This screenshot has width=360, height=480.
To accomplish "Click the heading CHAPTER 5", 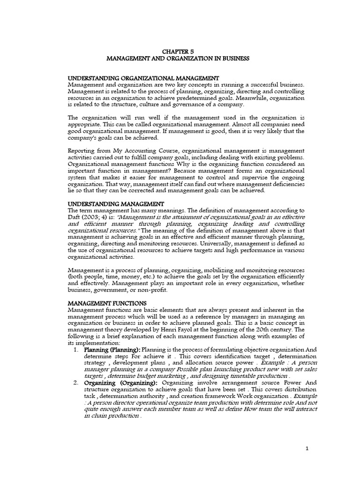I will click(180, 52).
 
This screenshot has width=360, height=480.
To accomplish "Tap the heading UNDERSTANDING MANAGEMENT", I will click(116, 204).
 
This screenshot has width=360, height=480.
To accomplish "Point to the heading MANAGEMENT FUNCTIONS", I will click(107, 303).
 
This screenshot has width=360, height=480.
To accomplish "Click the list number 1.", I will click(76, 349).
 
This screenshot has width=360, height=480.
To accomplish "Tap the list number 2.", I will click(76, 383).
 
